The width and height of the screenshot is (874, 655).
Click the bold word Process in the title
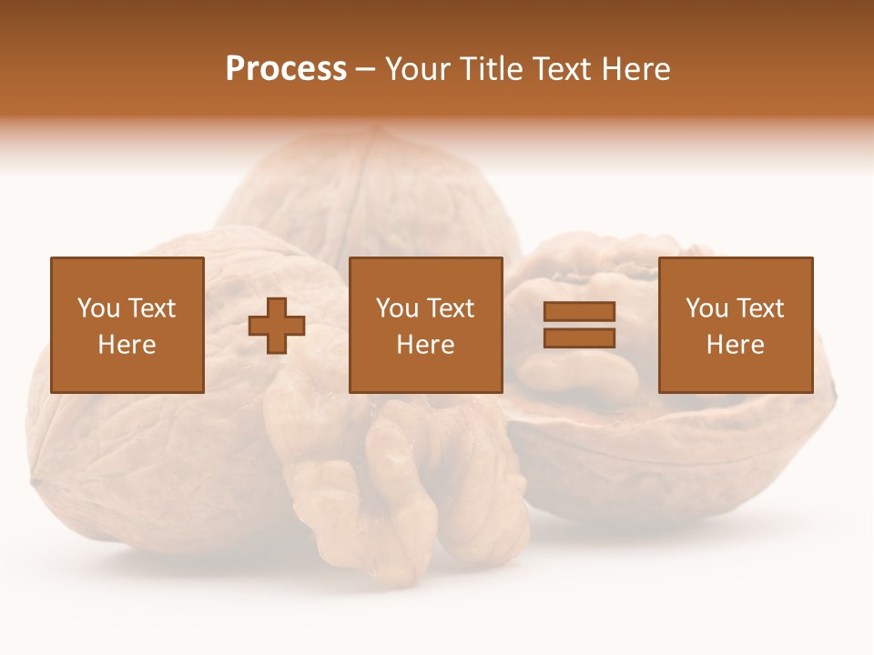(x=286, y=69)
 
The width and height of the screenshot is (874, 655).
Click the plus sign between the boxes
(x=277, y=326)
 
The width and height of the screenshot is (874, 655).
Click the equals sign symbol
(x=579, y=326)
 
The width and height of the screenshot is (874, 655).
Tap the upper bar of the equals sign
(x=579, y=313)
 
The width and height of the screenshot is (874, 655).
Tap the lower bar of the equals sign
(x=579, y=338)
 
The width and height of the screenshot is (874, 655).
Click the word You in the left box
(x=97, y=308)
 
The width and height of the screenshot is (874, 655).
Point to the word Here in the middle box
(x=425, y=345)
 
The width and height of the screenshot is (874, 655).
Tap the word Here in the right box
(x=735, y=345)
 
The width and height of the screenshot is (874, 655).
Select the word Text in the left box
(x=152, y=308)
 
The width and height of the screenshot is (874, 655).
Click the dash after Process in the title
(x=366, y=69)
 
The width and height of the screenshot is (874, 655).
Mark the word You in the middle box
(x=396, y=308)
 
